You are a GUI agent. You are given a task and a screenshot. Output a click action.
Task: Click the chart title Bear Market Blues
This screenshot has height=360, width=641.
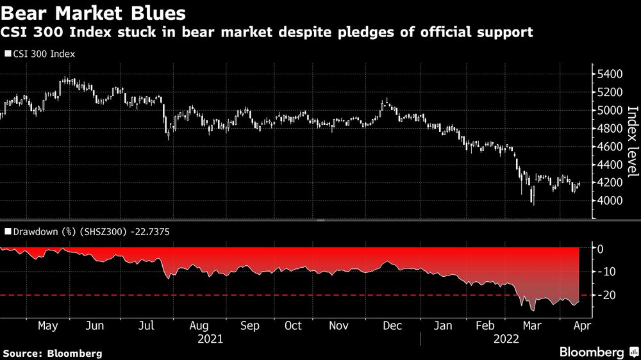point(94,12)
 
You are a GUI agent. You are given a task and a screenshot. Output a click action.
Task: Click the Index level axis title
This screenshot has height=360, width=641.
point(631,142)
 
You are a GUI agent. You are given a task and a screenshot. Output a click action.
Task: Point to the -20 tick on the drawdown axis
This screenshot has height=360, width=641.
point(608,295)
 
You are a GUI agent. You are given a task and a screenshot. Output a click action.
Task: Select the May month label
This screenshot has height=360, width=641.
point(49,325)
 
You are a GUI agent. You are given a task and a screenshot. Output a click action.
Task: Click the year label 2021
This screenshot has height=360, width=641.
point(212,338)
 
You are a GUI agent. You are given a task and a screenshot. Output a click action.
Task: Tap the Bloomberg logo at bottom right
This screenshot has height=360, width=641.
point(599,352)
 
